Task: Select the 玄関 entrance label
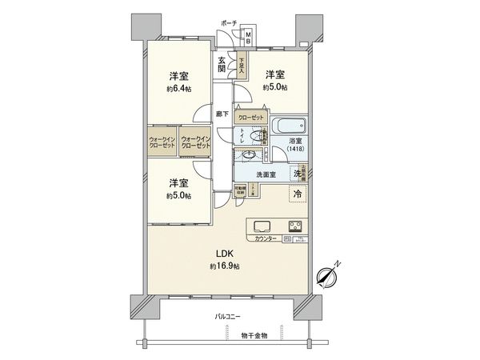click(222, 63)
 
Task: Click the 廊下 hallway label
click(222, 114)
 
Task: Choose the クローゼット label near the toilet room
click(250, 117)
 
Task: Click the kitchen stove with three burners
click(294, 225)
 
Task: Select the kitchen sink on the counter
click(262, 225)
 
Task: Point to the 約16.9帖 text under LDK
click(225, 266)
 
